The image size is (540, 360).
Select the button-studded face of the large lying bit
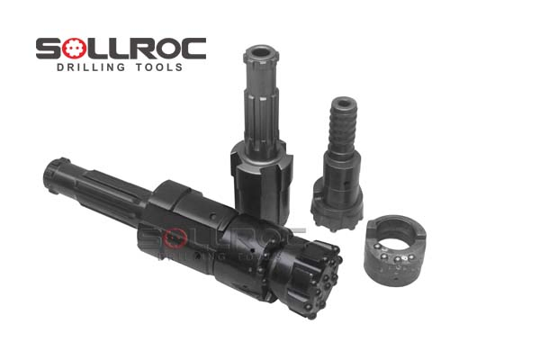[315, 279]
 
